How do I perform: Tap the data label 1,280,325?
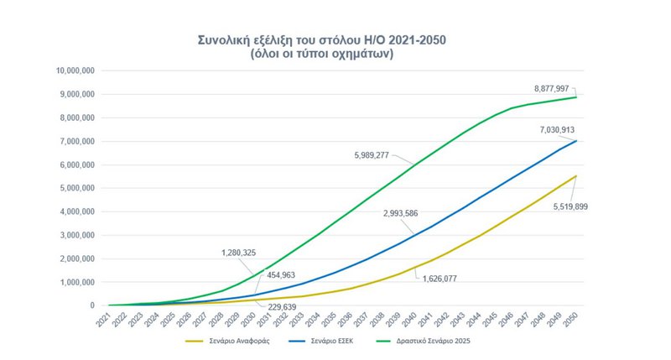click(x=221, y=252)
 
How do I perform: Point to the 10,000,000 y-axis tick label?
click(x=74, y=70)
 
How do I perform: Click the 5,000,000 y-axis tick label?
click(x=76, y=188)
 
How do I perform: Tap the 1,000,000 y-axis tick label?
click(x=76, y=282)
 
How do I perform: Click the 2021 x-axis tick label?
click(x=103, y=319)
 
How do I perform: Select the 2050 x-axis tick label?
click(x=573, y=319)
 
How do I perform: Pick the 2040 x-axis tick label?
click(x=411, y=319)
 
